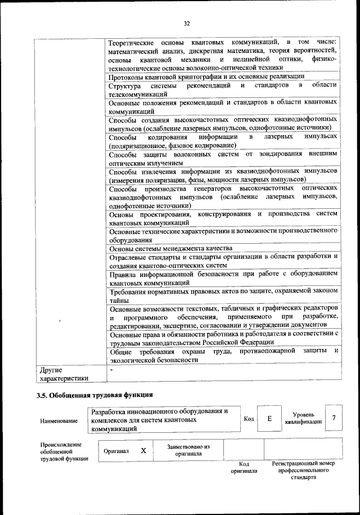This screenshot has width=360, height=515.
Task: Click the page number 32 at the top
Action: (x=187, y=23)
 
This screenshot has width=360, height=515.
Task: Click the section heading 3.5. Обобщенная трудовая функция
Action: (x=94, y=394)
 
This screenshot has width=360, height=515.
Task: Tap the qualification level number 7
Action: (x=334, y=418)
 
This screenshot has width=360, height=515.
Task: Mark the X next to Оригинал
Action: (x=143, y=450)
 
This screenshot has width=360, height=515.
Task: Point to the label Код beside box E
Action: (x=249, y=419)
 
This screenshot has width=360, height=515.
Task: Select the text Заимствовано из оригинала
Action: (x=188, y=450)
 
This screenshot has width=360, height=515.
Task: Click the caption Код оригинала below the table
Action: (x=244, y=467)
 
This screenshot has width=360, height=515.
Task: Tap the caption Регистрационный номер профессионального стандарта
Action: (x=303, y=471)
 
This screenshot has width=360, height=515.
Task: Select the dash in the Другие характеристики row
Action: (x=112, y=369)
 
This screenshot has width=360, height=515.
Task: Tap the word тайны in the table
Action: (x=119, y=301)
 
